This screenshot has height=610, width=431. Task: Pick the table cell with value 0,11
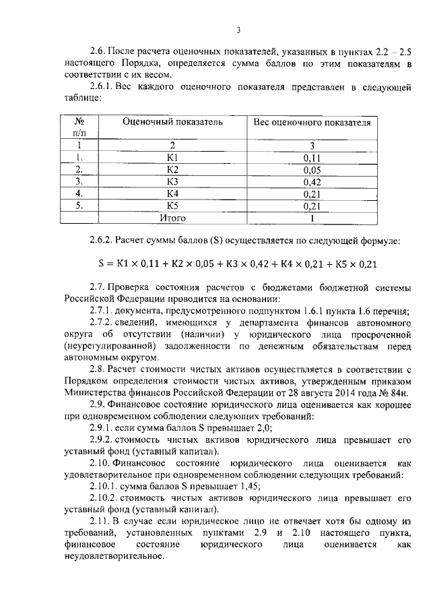312,157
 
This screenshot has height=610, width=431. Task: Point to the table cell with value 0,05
312,169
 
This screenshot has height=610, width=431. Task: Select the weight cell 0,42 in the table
312,181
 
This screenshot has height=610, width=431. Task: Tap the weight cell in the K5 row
312,206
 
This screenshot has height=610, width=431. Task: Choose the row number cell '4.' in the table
79,193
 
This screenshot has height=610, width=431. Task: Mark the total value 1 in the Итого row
312,218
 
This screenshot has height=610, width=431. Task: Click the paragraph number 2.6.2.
101,240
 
